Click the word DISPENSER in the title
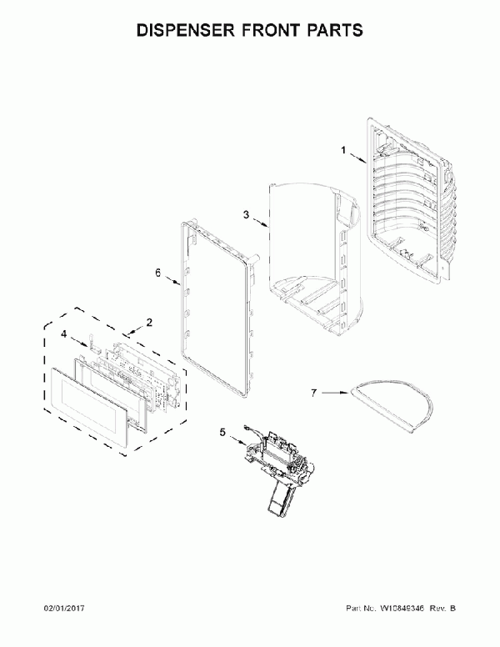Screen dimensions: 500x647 pyautogui.click(x=186, y=31)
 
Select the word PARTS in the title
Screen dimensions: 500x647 pyautogui.click(x=337, y=31)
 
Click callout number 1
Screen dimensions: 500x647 pyautogui.click(x=343, y=151)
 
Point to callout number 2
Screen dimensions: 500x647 pyautogui.click(x=149, y=323)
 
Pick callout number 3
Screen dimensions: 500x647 pyautogui.click(x=247, y=214)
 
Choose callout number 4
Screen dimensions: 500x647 pyautogui.click(x=63, y=334)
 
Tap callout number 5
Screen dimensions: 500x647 pyautogui.click(x=222, y=433)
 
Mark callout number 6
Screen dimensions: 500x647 pyautogui.click(x=158, y=273)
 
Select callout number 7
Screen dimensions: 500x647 pyautogui.click(x=314, y=393)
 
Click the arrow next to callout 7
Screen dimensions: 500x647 pyautogui.click(x=336, y=393)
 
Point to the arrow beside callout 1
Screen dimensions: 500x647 pyautogui.click(x=358, y=158)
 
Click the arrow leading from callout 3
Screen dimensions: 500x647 pyautogui.click(x=261, y=223)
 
